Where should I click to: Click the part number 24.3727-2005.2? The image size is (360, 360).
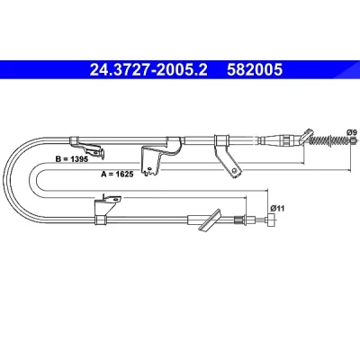click(x=148, y=70)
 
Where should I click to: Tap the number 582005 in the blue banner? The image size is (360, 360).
click(x=255, y=70)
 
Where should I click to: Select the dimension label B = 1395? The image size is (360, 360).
click(x=72, y=159)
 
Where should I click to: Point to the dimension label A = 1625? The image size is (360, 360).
click(x=117, y=174)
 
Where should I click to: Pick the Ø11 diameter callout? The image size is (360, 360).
click(x=277, y=208)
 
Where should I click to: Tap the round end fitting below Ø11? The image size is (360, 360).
click(x=272, y=221)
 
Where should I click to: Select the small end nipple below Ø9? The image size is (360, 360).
click(x=354, y=139)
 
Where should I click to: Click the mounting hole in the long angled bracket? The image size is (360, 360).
click(x=235, y=171)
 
